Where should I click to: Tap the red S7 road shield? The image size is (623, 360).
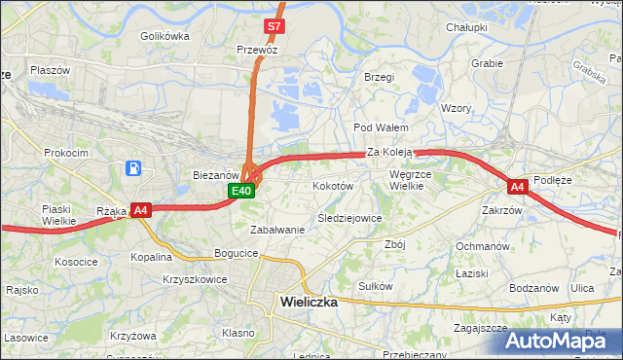tap(275, 26)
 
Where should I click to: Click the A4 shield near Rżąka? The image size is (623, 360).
tap(140, 209)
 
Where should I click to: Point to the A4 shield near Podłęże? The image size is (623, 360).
tap(517, 186)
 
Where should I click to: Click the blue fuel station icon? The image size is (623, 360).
tap(132, 169)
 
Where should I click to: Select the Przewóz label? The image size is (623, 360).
tap(257, 48)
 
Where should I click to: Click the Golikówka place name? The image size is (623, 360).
tap(165, 36)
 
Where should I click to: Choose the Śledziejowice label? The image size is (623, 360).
tap(349, 218)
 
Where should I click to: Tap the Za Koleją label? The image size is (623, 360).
tap(391, 152)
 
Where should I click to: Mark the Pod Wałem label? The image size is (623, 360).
tap(380, 127)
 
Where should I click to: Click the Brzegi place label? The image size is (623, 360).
tap(378, 77)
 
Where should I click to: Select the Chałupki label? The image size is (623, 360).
tap(465, 27)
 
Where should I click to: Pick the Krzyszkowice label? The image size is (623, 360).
tap(195, 279)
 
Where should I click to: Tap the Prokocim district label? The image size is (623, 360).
tap(66, 153)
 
